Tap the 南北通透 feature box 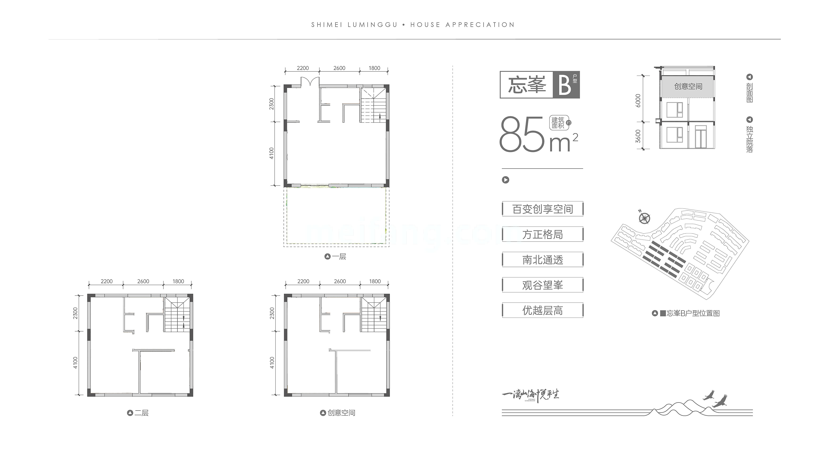pyautogui.click(x=543, y=260)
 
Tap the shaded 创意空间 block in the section pyautogui.click(x=688, y=86)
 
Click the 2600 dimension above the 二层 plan pyautogui.click(x=143, y=281)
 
